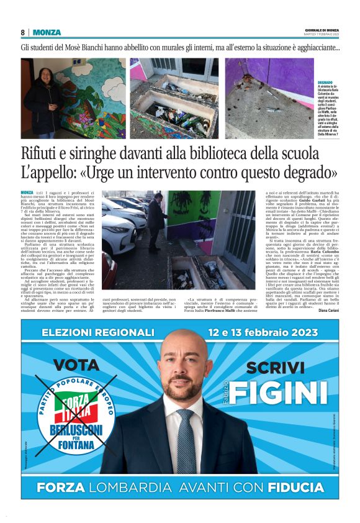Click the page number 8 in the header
[x=22, y=32]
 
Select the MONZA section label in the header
[x=47, y=32]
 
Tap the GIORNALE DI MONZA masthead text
[x=322, y=30]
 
